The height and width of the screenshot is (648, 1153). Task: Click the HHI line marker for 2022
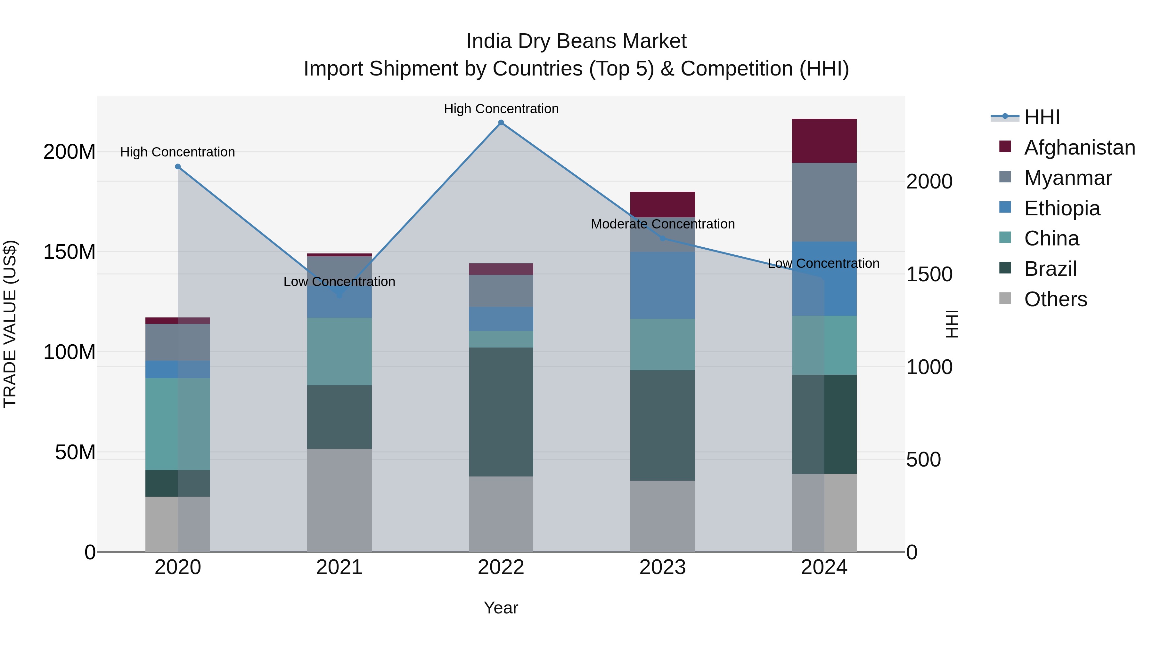tap(501, 123)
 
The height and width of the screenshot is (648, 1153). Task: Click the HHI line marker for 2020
tap(178, 167)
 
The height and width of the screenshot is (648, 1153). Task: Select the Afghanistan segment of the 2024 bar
tap(824, 141)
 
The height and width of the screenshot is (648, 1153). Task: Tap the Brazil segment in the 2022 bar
tap(501, 412)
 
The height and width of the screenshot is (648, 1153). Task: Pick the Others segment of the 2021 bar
tap(339, 500)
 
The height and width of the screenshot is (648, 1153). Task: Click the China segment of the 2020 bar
tap(178, 424)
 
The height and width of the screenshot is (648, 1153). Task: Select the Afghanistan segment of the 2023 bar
tap(662, 204)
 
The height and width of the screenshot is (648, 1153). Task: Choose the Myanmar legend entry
tap(1067, 178)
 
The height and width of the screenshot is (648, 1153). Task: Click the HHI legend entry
tap(1042, 117)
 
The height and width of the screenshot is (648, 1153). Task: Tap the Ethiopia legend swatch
tap(1005, 207)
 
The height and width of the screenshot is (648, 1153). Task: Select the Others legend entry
tap(1055, 299)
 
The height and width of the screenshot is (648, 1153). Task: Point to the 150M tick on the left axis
tap(70, 252)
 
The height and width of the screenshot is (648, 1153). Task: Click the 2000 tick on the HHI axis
tap(929, 181)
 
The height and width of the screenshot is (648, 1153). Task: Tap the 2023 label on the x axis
tap(662, 567)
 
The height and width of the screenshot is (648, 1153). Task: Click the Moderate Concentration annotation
tap(662, 224)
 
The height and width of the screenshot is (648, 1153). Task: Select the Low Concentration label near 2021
tap(339, 282)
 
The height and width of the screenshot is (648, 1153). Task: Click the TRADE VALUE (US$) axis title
tap(10, 324)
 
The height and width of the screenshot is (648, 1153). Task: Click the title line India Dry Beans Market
tap(576, 42)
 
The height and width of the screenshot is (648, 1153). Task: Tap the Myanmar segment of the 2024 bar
tap(824, 202)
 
